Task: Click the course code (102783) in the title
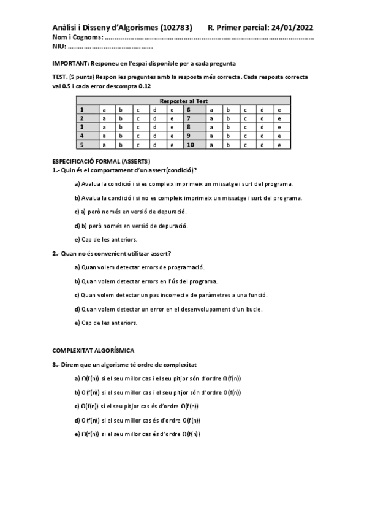[176, 28]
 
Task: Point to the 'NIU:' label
[60, 47]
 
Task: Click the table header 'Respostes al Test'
[184, 101]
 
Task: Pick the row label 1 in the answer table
[82, 109]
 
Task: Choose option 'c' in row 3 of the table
[138, 127]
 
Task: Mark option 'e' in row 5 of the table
[173, 145]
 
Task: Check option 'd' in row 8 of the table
[262, 127]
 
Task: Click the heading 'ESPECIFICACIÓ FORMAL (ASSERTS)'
[102, 161]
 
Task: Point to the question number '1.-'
[57, 169]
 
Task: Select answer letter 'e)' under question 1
[77, 239]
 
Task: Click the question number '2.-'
[57, 253]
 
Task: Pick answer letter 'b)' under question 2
[77, 281]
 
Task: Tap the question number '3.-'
[57, 364]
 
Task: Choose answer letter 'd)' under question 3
[77, 420]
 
